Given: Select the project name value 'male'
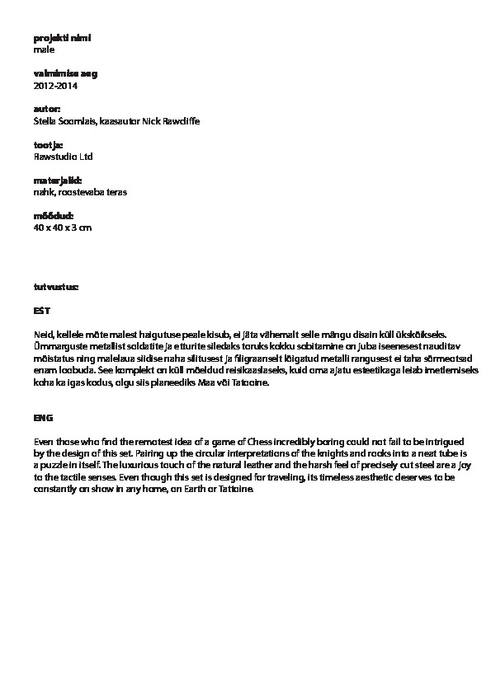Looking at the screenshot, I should tap(44, 49).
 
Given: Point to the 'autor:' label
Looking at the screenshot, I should tap(46, 109).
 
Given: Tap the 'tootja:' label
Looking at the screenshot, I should tap(48, 144).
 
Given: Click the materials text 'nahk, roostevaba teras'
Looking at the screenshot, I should tap(80, 192).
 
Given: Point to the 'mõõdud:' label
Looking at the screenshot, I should tap(53, 215).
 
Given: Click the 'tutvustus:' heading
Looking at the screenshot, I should tap(56, 287).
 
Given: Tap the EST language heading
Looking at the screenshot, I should tap(41, 311).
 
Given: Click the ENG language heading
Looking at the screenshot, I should tap(42, 418).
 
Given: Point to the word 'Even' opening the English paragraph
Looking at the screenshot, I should tap(44, 442).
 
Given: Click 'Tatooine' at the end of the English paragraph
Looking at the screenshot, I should tap(249, 489).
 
